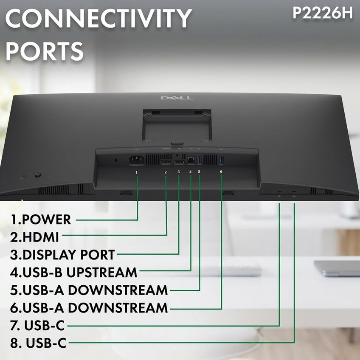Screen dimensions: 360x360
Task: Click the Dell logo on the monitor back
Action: [177, 98]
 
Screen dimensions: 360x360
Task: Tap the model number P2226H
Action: [323, 13]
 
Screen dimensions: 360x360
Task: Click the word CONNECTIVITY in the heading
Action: [98, 18]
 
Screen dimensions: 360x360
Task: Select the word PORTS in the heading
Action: [45, 51]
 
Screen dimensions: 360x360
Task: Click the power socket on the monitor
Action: [137, 160]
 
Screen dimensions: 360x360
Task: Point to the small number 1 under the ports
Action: [137, 172]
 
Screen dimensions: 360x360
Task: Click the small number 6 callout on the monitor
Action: [221, 172]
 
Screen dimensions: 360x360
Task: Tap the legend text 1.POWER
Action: [41, 219]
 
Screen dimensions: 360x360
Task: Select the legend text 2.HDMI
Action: [34, 237]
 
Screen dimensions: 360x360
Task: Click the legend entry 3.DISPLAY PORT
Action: [62, 255]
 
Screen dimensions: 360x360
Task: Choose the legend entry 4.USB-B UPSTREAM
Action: [73, 272]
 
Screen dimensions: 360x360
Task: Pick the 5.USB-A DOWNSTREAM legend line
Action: [89, 290]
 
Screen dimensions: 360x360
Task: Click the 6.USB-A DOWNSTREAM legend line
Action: [89, 308]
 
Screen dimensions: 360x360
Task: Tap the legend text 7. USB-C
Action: [37, 325]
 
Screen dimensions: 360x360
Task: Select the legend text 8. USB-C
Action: [38, 343]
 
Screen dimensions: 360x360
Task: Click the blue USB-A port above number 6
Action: [221, 160]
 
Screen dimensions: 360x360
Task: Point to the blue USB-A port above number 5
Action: [199, 160]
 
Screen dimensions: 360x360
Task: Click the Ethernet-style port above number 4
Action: [191, 160]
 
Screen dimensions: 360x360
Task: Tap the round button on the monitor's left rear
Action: [38, 174]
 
